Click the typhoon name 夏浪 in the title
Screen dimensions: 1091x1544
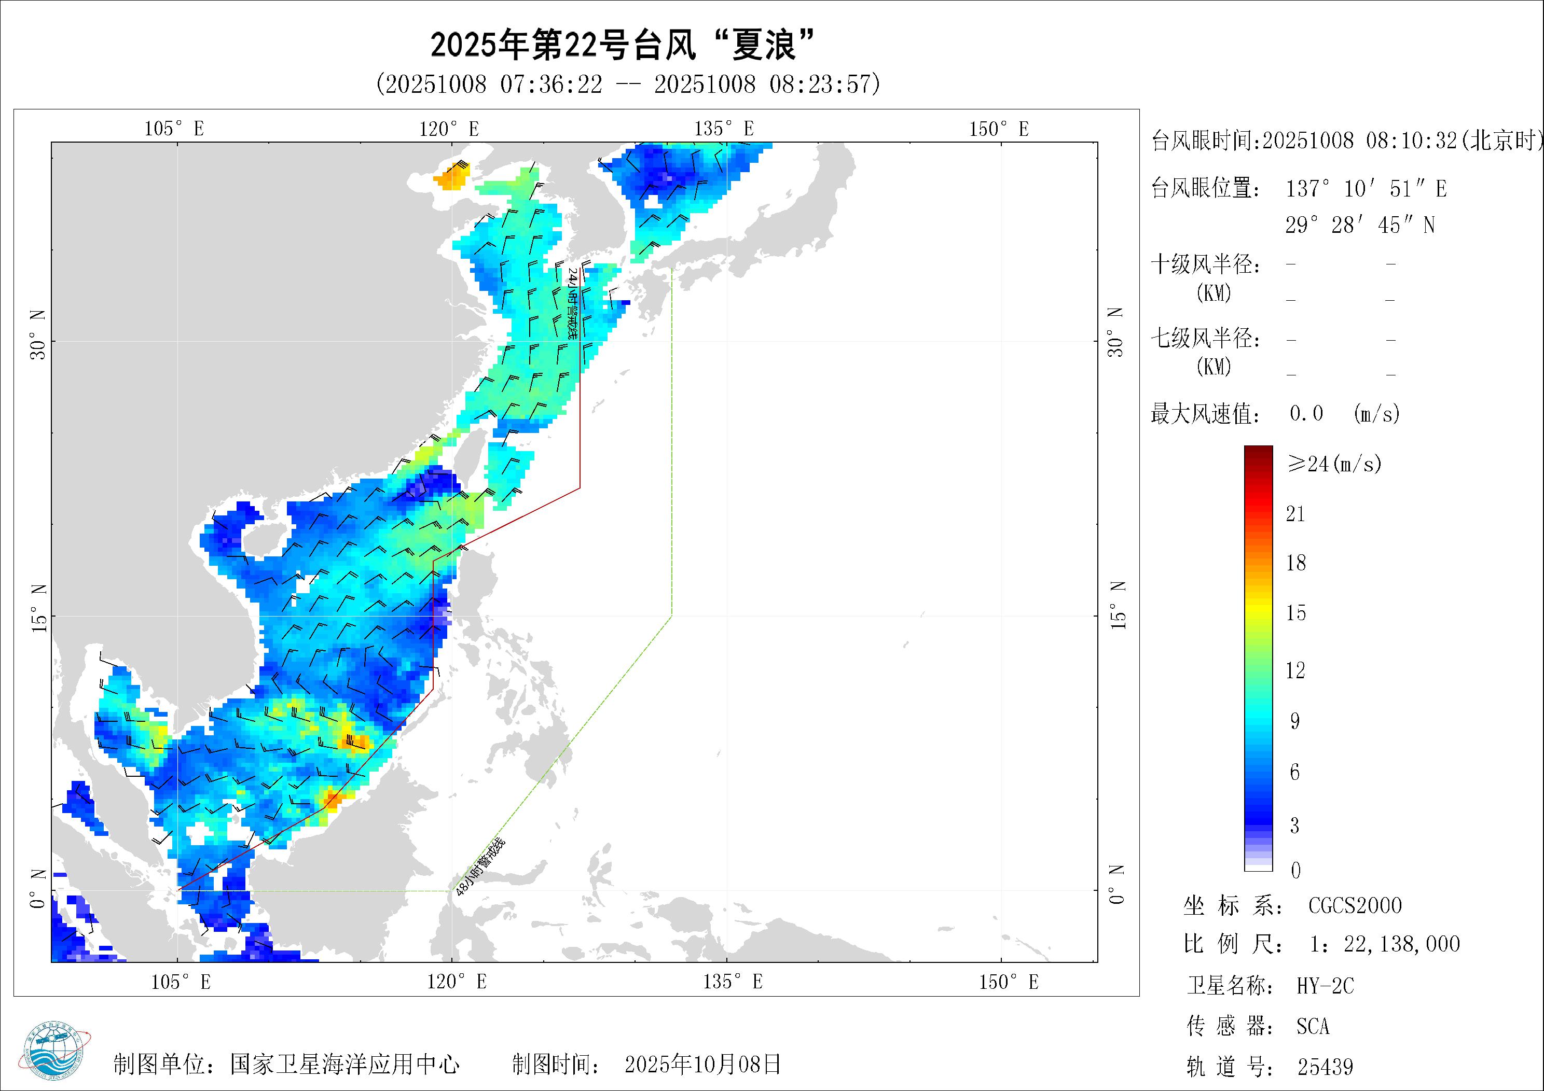765,46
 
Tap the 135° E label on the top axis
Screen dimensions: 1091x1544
724,129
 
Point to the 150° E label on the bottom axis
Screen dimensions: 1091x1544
1009,982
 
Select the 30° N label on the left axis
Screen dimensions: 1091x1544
38,335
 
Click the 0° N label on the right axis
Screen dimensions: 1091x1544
1117,885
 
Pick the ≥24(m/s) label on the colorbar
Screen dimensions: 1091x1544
1334,463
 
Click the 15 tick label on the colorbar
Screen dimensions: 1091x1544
1296,613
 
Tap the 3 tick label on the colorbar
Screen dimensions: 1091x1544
1294,826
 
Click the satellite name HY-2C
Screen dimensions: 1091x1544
1325,986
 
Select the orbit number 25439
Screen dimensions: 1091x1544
1325,1067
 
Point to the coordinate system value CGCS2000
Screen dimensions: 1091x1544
1355,905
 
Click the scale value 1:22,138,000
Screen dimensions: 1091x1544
1385,944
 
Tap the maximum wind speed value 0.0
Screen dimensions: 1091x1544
1306,413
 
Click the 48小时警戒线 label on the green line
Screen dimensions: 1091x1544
479,867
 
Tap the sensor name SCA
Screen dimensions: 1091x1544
1313,1027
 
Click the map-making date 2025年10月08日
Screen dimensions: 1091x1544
702,1064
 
